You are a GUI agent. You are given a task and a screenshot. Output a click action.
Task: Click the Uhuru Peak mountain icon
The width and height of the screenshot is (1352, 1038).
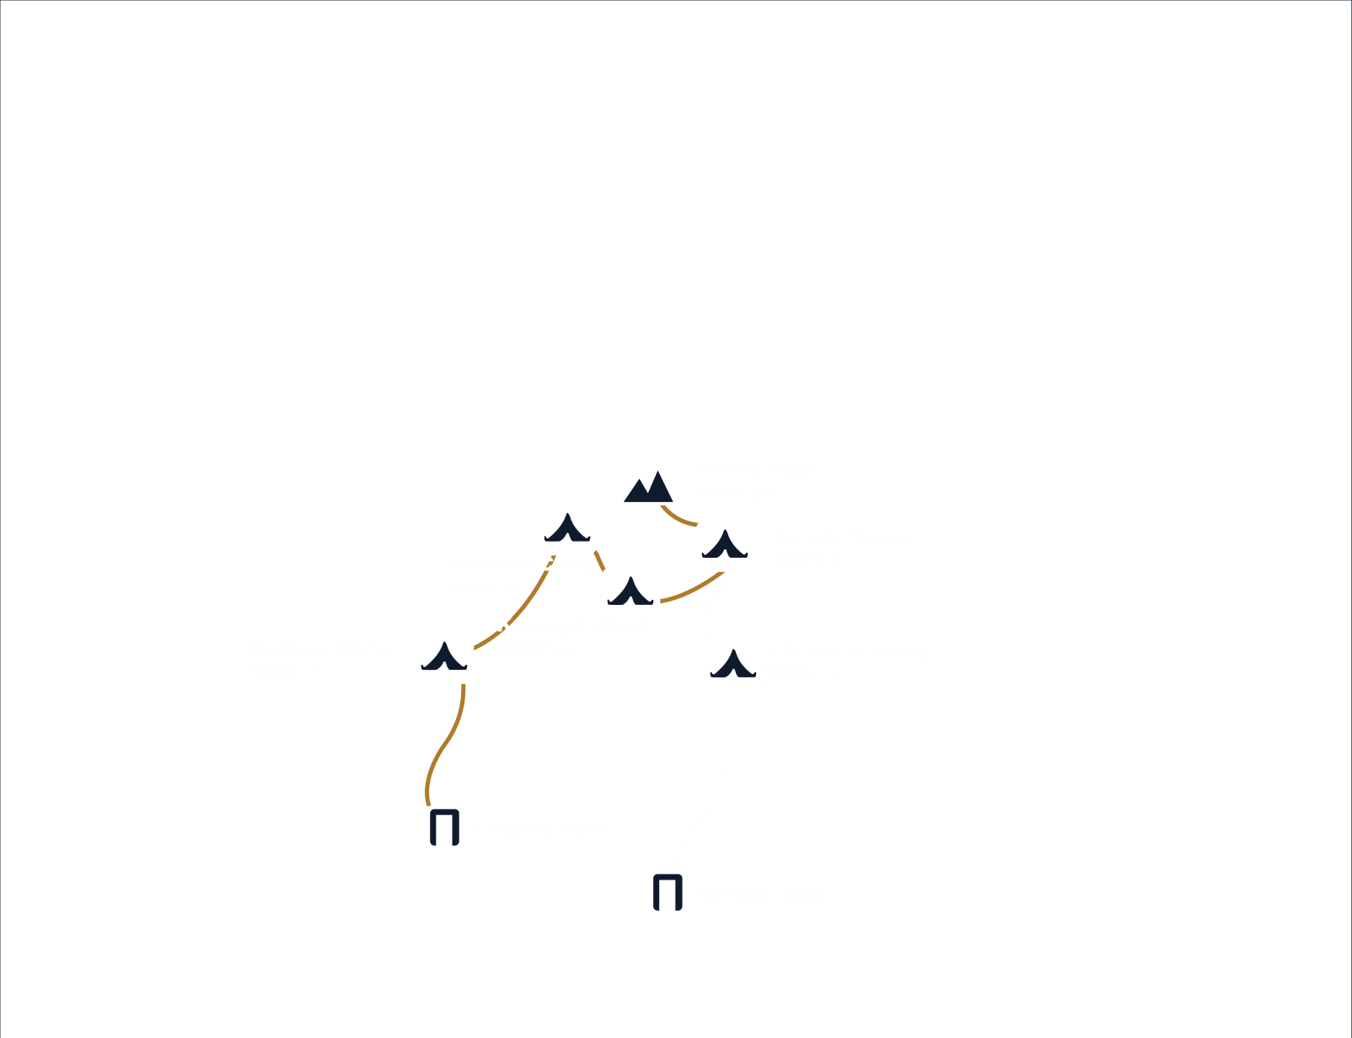648,486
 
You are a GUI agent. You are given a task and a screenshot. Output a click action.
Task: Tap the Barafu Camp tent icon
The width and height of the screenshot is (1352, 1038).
725,545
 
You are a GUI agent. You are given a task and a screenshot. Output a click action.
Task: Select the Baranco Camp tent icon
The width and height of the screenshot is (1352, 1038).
567,529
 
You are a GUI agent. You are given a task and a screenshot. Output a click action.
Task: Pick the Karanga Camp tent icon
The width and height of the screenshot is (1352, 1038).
630,592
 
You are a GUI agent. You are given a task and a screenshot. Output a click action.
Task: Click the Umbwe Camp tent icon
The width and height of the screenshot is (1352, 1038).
444,657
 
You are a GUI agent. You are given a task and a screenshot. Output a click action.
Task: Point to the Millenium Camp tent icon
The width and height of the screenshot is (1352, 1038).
733,665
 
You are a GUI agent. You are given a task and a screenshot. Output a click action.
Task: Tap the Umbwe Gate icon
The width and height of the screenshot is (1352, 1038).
444,827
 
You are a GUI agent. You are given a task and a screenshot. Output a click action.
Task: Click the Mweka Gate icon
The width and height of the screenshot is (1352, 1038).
668,891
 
